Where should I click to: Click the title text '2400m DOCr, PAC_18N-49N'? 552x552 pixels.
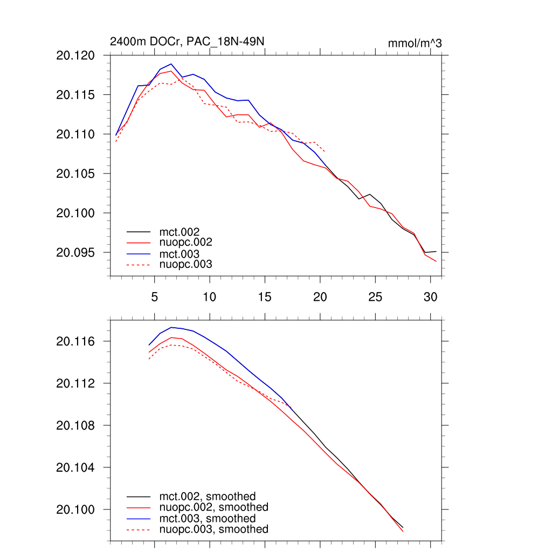[187, 42]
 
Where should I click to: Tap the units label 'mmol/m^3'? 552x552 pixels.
[415, 43]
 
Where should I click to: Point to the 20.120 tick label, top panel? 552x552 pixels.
[75, 56]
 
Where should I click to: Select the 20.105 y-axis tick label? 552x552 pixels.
[75, 174]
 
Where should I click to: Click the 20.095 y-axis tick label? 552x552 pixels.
[75, 252]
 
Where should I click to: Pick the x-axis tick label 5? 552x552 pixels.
[154, 296]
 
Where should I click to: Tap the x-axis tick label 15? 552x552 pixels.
[265, 296]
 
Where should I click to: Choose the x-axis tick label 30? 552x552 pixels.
[430, 296]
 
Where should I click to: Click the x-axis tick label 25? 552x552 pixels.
[375, 296]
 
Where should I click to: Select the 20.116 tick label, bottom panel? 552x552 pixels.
[75, 341]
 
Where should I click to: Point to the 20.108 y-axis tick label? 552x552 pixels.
[75, 425]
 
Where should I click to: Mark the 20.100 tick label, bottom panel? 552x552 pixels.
[75, 509]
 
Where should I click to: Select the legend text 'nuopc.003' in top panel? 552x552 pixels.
[185, 265]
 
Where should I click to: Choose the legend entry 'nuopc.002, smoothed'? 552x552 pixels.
[213, 507]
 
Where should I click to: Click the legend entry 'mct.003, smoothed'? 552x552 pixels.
[207, 519]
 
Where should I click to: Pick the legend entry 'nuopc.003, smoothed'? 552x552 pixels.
[213, 529]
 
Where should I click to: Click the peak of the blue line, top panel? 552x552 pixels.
[171, 64]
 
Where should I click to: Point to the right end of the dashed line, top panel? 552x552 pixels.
[325, 151]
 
